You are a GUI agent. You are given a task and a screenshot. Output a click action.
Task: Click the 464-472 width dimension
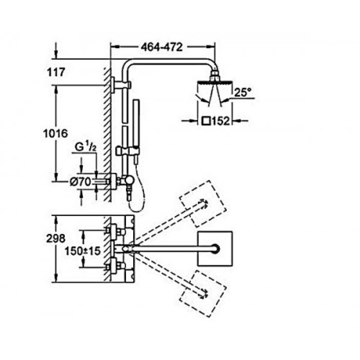coord(162,47)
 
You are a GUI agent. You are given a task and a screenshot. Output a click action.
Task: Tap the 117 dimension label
coord(56,72)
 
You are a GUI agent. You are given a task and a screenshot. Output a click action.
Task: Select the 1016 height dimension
coord(55,133)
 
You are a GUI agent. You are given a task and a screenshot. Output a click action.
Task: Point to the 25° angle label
coord(243,92)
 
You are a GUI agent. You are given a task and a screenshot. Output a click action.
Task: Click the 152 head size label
coord(220,121)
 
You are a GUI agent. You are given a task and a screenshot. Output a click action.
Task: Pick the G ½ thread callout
coord(85,147)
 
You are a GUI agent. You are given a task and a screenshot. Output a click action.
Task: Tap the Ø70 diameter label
coord(81,182)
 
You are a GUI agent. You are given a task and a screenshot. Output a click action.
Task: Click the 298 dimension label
coord(56,238)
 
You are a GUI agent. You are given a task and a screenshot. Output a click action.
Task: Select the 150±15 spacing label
coord(83,251)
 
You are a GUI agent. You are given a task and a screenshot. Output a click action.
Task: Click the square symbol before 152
coord(206,121)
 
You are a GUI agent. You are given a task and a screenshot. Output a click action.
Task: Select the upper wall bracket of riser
coord(121,85)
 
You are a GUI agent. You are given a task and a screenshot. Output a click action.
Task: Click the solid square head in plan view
coord(215,249)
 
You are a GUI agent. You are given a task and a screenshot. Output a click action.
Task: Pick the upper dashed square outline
coord(203,204)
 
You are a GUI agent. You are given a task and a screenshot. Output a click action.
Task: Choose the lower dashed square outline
coord(203,294)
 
